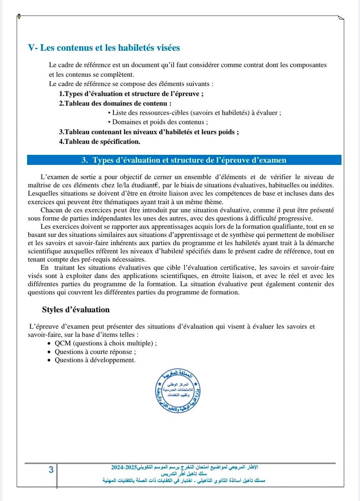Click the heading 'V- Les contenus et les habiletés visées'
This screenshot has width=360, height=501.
pos(104,48)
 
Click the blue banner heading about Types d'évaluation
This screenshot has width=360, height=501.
pos(184,160)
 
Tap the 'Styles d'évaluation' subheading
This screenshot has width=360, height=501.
pos(76,310)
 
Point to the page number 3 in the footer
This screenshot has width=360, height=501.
pos(51,470)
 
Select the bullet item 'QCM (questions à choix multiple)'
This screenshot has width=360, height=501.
pos(105,343)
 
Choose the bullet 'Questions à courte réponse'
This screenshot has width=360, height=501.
pos(95,352)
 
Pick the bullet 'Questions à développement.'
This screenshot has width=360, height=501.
pos(95,360)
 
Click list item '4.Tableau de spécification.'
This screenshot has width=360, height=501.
pos(100,142)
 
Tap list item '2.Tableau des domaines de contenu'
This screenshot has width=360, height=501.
pos(115,103)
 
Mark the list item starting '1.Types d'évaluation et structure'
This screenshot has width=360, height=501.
pos(131,94)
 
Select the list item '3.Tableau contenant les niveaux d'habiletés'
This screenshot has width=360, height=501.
pos(149,132)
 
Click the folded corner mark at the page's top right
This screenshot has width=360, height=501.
pos(340,18)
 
